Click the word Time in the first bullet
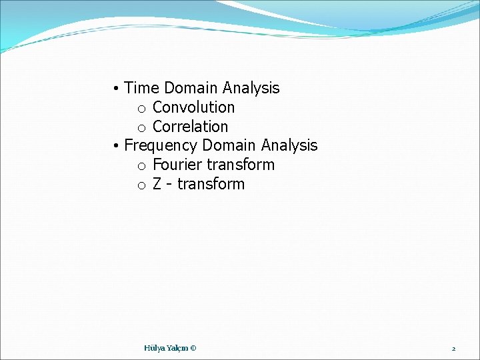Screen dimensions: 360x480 pyautogui.click(x=142, y=88)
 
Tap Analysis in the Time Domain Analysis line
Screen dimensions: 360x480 pyautogui.click(x=251, y=88)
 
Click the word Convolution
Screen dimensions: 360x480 pyautogui.click(x=194, y=107)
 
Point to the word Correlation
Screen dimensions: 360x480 pyautogui.click(x=191, y=127)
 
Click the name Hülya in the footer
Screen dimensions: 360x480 pyautogui.click(x=154, y=348)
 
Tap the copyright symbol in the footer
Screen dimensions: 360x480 pyautogui.click(x=193, y=348)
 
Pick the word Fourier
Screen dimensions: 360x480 pyautogui.click(x=178, y=165)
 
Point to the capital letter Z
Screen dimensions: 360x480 pyautogui.click(x=157, y=184)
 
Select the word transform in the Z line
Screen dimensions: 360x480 pyautogui.click(x=211, y=184)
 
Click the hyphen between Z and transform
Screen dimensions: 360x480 pyautogui.click(x=170, y=185)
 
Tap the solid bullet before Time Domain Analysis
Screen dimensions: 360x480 pyautogui.click(x=116, y=89)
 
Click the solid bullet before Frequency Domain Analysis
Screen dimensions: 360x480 pyautogui.click(x=116, y=146)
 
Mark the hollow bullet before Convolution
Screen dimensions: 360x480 pyautogui.click(x=141, y=109)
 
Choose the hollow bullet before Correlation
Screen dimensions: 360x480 pyautogui.click(x=141, y=128)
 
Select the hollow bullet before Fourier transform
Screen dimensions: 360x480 pyautogui.click(x=141, y=166)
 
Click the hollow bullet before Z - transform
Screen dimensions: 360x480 pyautogui.click(x=141, y=185)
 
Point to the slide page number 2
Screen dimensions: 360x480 pyautogui.click(x=453, y=349)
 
